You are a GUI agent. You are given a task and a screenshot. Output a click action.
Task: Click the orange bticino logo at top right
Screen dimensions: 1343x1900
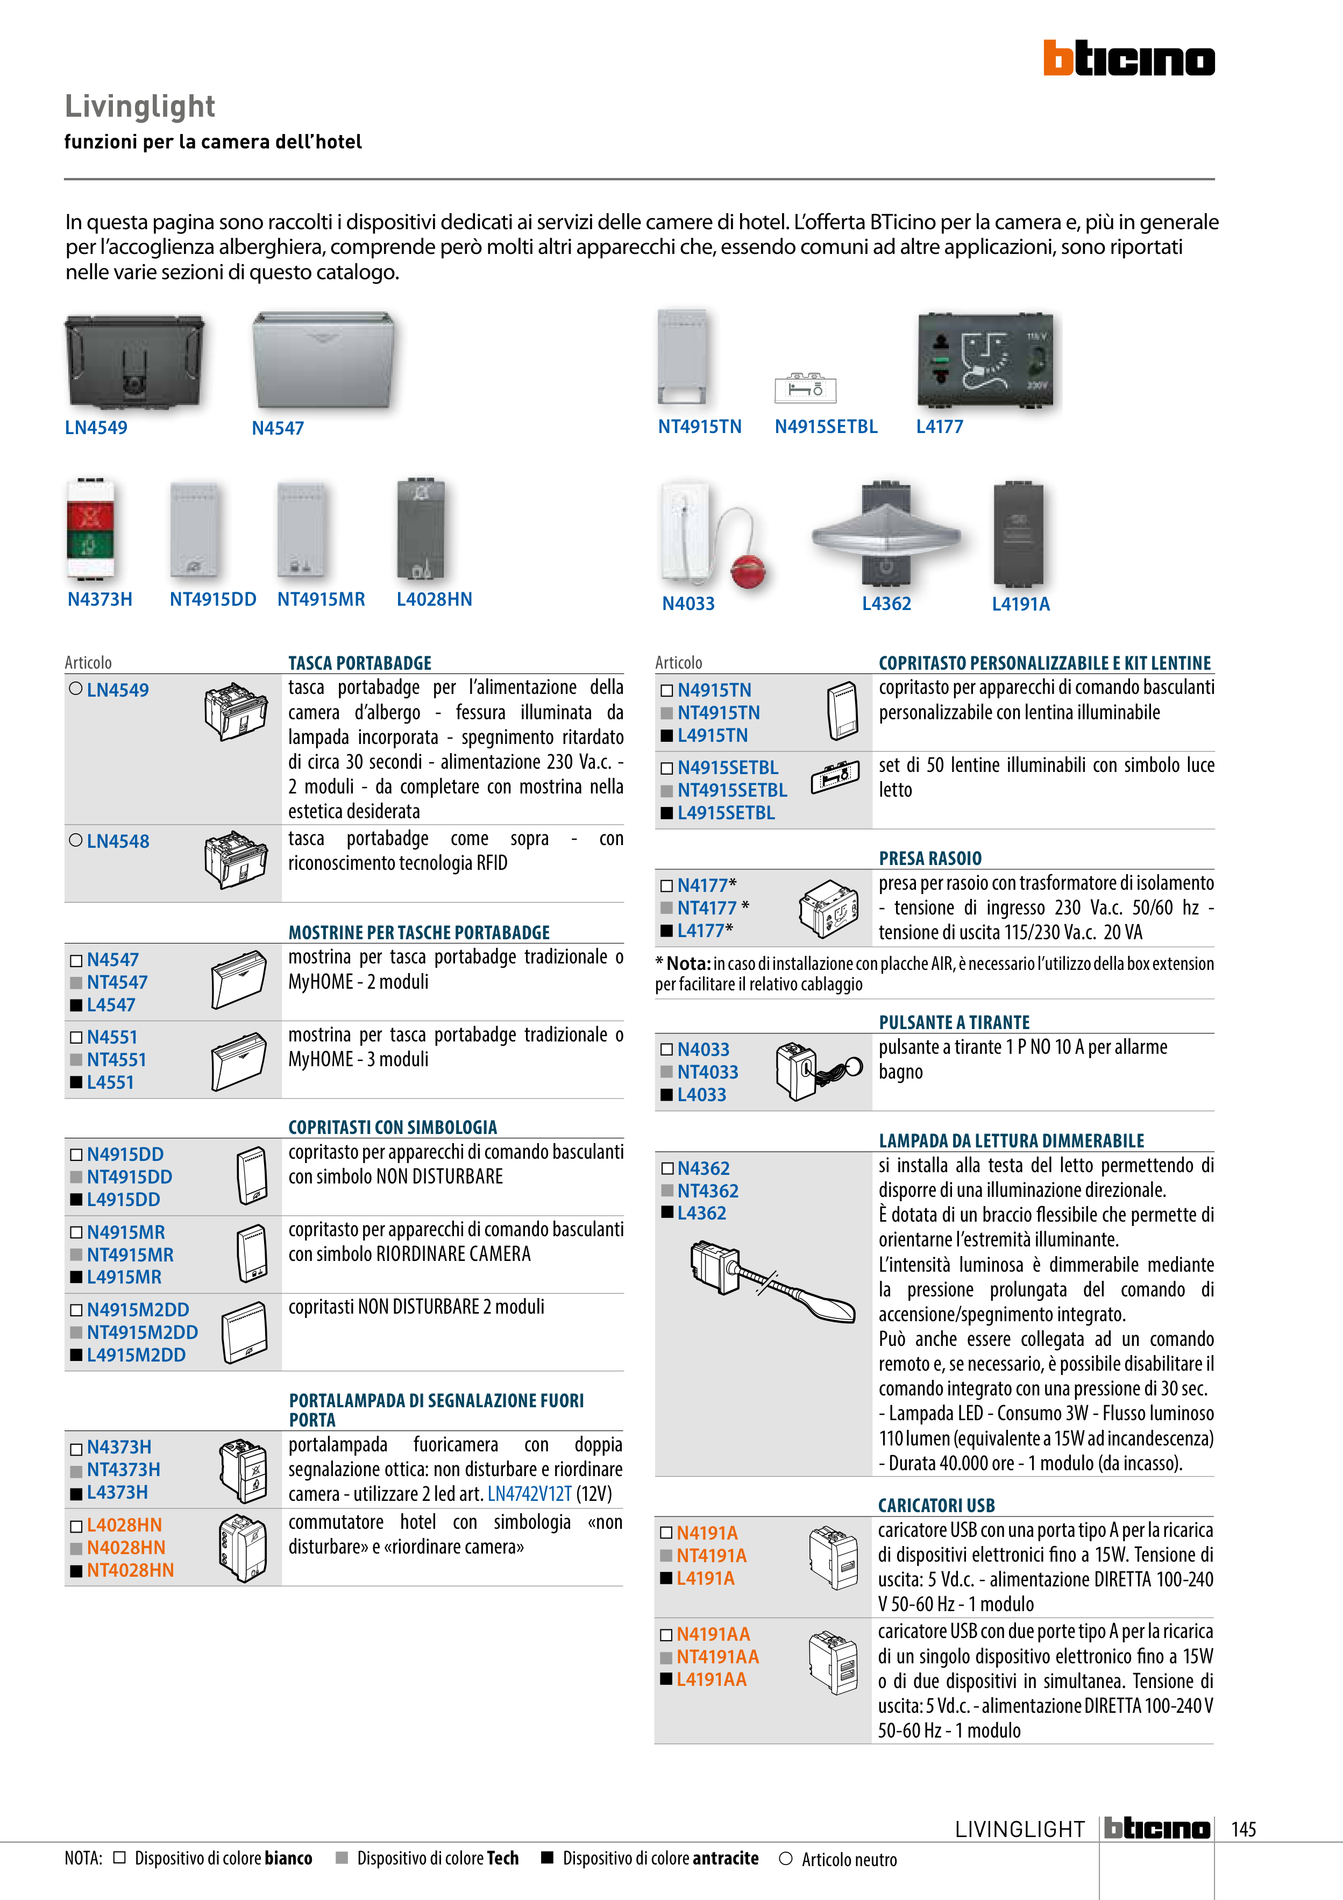[x=1129, y=58]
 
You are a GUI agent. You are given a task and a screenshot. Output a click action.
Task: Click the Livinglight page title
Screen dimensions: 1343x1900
[x=140, y=107]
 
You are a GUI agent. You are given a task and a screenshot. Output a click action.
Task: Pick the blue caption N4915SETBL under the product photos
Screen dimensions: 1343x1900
[x=826, y=427]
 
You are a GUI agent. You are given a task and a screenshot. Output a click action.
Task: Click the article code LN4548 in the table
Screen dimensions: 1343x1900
[x=117, y=841]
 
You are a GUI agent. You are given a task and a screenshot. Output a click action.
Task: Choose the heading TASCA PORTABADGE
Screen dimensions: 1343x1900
[x=360, y=663]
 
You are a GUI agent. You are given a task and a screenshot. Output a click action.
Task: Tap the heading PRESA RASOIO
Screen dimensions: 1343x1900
[x=930, y=858]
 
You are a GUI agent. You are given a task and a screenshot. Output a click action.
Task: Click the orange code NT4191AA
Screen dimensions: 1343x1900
[x=717, y=1657]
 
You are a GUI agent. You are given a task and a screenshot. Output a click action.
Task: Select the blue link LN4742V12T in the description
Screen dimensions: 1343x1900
[x=530, y=1494]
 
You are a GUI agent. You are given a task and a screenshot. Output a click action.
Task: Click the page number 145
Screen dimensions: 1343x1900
[x=1243, y=1829]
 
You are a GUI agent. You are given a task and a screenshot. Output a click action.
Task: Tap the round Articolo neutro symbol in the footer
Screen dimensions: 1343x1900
[x=786, y=1858]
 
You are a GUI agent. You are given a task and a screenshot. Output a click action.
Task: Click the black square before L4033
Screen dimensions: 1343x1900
[x=667, y=1095]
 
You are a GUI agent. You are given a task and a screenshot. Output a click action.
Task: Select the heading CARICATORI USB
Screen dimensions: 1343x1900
[x=937, y=1505]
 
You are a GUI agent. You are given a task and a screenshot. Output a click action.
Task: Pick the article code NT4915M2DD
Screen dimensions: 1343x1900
[x=143, y=1332]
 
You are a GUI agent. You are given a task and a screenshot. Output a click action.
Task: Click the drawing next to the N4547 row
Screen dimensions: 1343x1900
[x=239, y=981]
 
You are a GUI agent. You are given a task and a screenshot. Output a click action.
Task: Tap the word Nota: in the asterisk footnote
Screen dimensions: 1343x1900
[x=688, y=963]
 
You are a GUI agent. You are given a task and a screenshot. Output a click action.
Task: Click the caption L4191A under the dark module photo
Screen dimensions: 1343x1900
[x=1021, y=604]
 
